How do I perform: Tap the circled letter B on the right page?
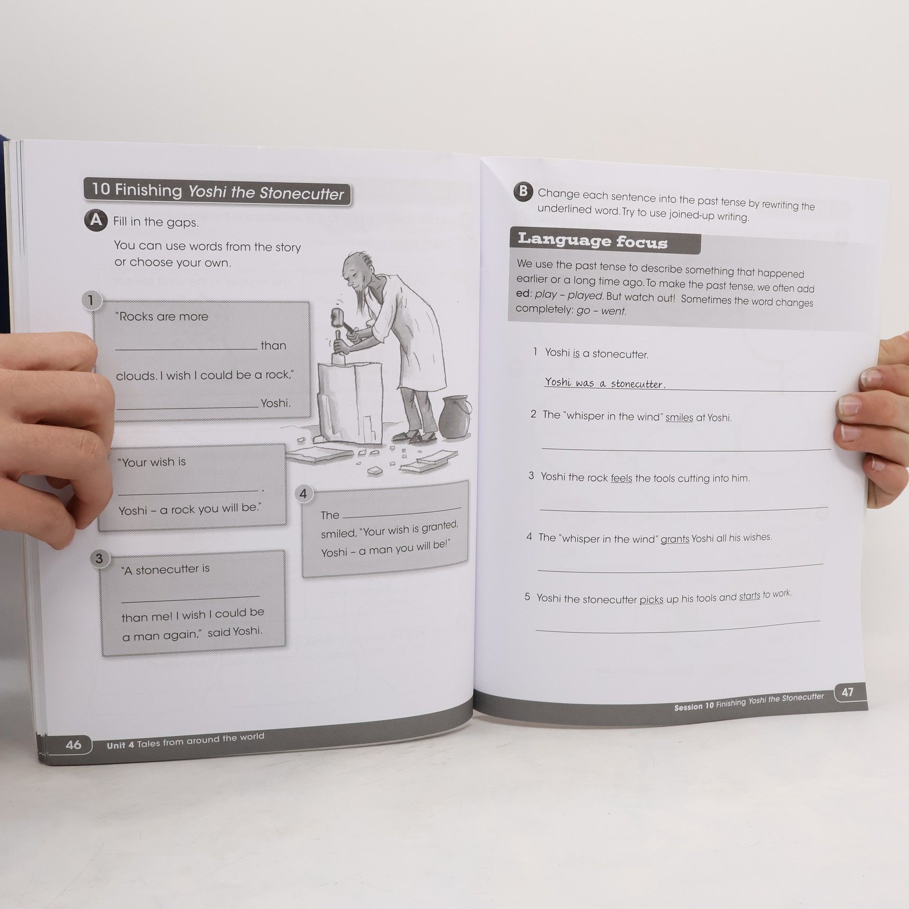(523, 191)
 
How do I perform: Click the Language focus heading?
(592, 241)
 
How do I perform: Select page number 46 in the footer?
(73, 745)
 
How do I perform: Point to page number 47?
(847, 692)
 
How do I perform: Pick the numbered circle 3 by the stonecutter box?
(99, 559)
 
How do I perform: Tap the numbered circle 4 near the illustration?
(303, 494)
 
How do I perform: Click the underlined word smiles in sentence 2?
(679, 418)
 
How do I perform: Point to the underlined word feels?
(621, 478)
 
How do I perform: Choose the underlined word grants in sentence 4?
(675, 539)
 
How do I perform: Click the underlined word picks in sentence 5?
(651, 599)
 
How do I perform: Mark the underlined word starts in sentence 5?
(749, 596)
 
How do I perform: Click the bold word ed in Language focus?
(523, 293)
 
